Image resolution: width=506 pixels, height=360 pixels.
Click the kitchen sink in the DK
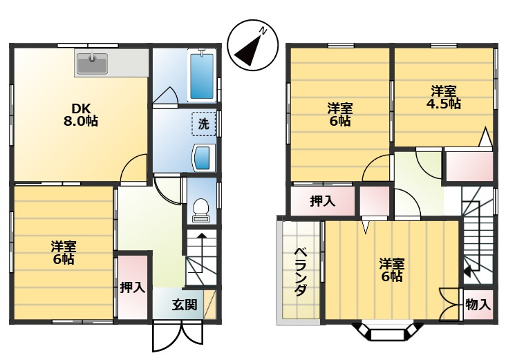tap(92, 64)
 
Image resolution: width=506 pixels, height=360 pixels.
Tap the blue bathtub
tap(202, 76)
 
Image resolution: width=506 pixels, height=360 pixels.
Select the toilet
tap(201, 210)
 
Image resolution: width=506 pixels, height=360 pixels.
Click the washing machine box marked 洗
tap(204, 124)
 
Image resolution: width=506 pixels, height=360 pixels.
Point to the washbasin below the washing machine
tap(204, 158)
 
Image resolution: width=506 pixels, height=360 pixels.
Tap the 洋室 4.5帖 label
tap(444, 97)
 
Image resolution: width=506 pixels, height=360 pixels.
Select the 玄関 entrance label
tap(185, 305)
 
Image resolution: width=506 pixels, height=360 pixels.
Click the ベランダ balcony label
tap(301, 272)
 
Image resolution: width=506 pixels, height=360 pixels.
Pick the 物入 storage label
tap(478, 304)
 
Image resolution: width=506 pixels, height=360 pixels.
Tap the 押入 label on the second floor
tap(323, 201)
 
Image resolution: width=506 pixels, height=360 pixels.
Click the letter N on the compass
tap(263, 31)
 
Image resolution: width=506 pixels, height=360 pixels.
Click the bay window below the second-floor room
tap(387, 331)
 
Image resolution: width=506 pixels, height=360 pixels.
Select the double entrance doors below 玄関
tap(178, 336)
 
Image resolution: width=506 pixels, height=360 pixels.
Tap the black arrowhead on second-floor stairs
tap(467, 271)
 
